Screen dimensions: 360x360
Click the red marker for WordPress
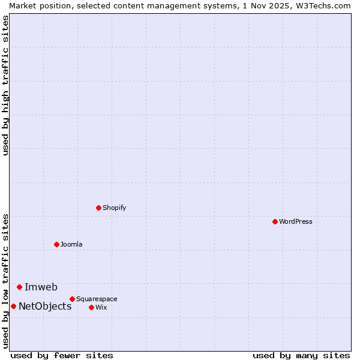point(275,221)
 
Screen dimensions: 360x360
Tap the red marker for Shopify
point(98,208)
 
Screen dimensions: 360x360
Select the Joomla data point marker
point(56,244)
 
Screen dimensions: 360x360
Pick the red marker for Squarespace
point(72,299)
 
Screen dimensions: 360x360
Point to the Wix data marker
point(91,307)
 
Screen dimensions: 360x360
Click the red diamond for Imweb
point(19,287)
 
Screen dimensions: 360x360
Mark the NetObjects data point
point(13,306)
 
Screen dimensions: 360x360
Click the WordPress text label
point(296,221)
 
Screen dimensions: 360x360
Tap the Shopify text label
point(114,208)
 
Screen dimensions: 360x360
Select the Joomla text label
point(71,244)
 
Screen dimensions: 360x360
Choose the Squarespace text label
point(97,299)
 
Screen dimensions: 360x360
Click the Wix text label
point(101,307)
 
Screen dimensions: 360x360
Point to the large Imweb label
point(41,287)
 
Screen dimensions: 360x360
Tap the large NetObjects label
point(45,306)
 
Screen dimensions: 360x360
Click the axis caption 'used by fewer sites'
point(62,355)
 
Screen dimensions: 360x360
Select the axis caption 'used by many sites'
point(301,355)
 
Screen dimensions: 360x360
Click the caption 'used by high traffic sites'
point(5,85)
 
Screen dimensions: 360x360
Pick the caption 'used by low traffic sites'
point(5,280)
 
